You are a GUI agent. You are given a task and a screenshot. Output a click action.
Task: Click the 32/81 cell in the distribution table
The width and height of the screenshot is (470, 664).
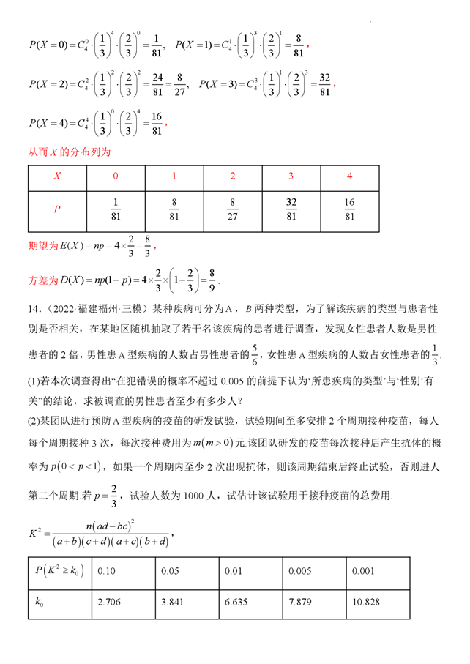(291, 209)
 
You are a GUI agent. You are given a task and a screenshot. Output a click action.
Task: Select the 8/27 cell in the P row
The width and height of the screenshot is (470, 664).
(233, 209)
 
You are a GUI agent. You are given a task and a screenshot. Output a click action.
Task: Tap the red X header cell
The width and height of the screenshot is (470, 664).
(57, 176)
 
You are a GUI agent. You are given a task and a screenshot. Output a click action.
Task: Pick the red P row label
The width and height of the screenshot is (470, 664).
(57, 209)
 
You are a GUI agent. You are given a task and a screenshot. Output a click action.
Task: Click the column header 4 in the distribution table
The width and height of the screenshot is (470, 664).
(349, 176)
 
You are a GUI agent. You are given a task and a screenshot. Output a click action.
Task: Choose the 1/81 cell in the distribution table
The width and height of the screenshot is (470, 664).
(116, 209)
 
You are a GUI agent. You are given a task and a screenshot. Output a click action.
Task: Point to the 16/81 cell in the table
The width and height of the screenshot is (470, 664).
(349, 209)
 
